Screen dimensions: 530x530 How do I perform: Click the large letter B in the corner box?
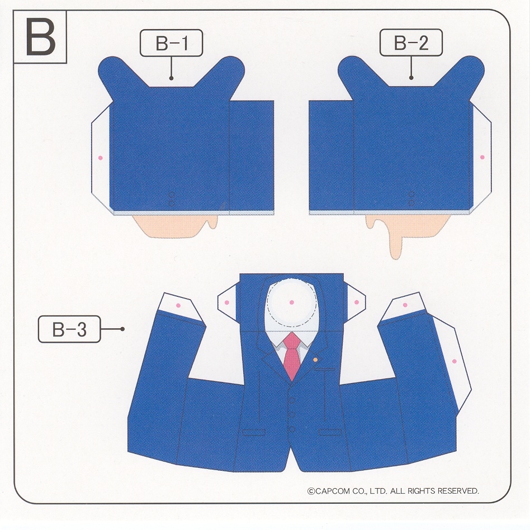(x=41, y=38)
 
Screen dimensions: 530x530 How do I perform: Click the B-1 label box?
(x=172, y=43)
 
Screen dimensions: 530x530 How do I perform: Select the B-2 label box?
(x=411, y=42)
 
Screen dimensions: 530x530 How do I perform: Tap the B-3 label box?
(x=69, y=329)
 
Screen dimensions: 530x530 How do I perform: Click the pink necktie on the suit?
(x=292, y=356)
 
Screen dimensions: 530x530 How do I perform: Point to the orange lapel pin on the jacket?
(x=315, y=359)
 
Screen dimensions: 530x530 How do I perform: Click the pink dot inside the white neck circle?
(x=292, y=302)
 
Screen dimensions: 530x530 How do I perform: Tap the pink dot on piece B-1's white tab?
(x=100, y=158)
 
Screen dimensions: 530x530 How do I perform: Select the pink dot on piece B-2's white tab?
(x=482, y=157)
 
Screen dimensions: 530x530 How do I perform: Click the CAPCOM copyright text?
(x=393, y=491)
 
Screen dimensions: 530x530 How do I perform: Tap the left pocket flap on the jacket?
(x=253, y=432)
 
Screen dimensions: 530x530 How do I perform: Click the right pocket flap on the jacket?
(x=330, y=432)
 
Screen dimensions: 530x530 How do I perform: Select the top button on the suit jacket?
(x=292, y=400)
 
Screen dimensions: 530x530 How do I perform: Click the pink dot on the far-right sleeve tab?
(x=455, y=362)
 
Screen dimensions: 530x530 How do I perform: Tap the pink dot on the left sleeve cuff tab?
(x=178, y=306)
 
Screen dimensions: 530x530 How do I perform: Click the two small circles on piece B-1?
(x=172, y=199)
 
